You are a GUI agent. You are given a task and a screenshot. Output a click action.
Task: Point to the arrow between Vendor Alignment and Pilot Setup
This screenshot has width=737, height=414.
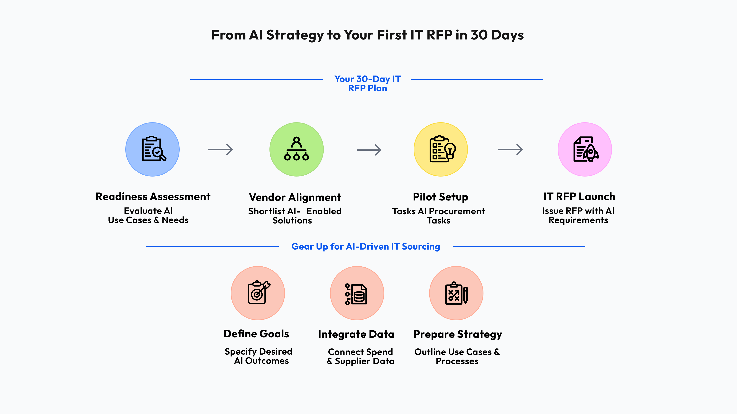tap(369, 150)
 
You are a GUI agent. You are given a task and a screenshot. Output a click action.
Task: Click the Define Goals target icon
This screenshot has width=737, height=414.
tap(258, 293)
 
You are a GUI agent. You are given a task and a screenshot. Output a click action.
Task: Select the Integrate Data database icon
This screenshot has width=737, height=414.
tap(357, 293)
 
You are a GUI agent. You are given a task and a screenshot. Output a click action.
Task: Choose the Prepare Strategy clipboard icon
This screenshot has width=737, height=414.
tap(456, 293)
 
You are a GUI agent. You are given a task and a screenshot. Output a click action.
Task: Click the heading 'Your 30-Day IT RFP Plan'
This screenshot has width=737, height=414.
tap(368, 83)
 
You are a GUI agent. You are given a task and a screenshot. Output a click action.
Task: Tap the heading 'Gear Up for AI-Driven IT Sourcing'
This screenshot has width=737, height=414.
tap(366, 246)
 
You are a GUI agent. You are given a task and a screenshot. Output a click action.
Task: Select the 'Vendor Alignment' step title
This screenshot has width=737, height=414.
tap(295, 197)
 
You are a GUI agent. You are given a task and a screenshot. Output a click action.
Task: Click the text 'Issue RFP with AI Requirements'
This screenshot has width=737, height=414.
tap(578, 215)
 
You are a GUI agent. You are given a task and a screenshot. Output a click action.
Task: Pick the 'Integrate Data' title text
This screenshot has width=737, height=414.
tap(356, 334)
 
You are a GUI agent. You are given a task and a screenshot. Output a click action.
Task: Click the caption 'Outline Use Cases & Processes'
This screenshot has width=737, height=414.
tap(457, 356)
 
